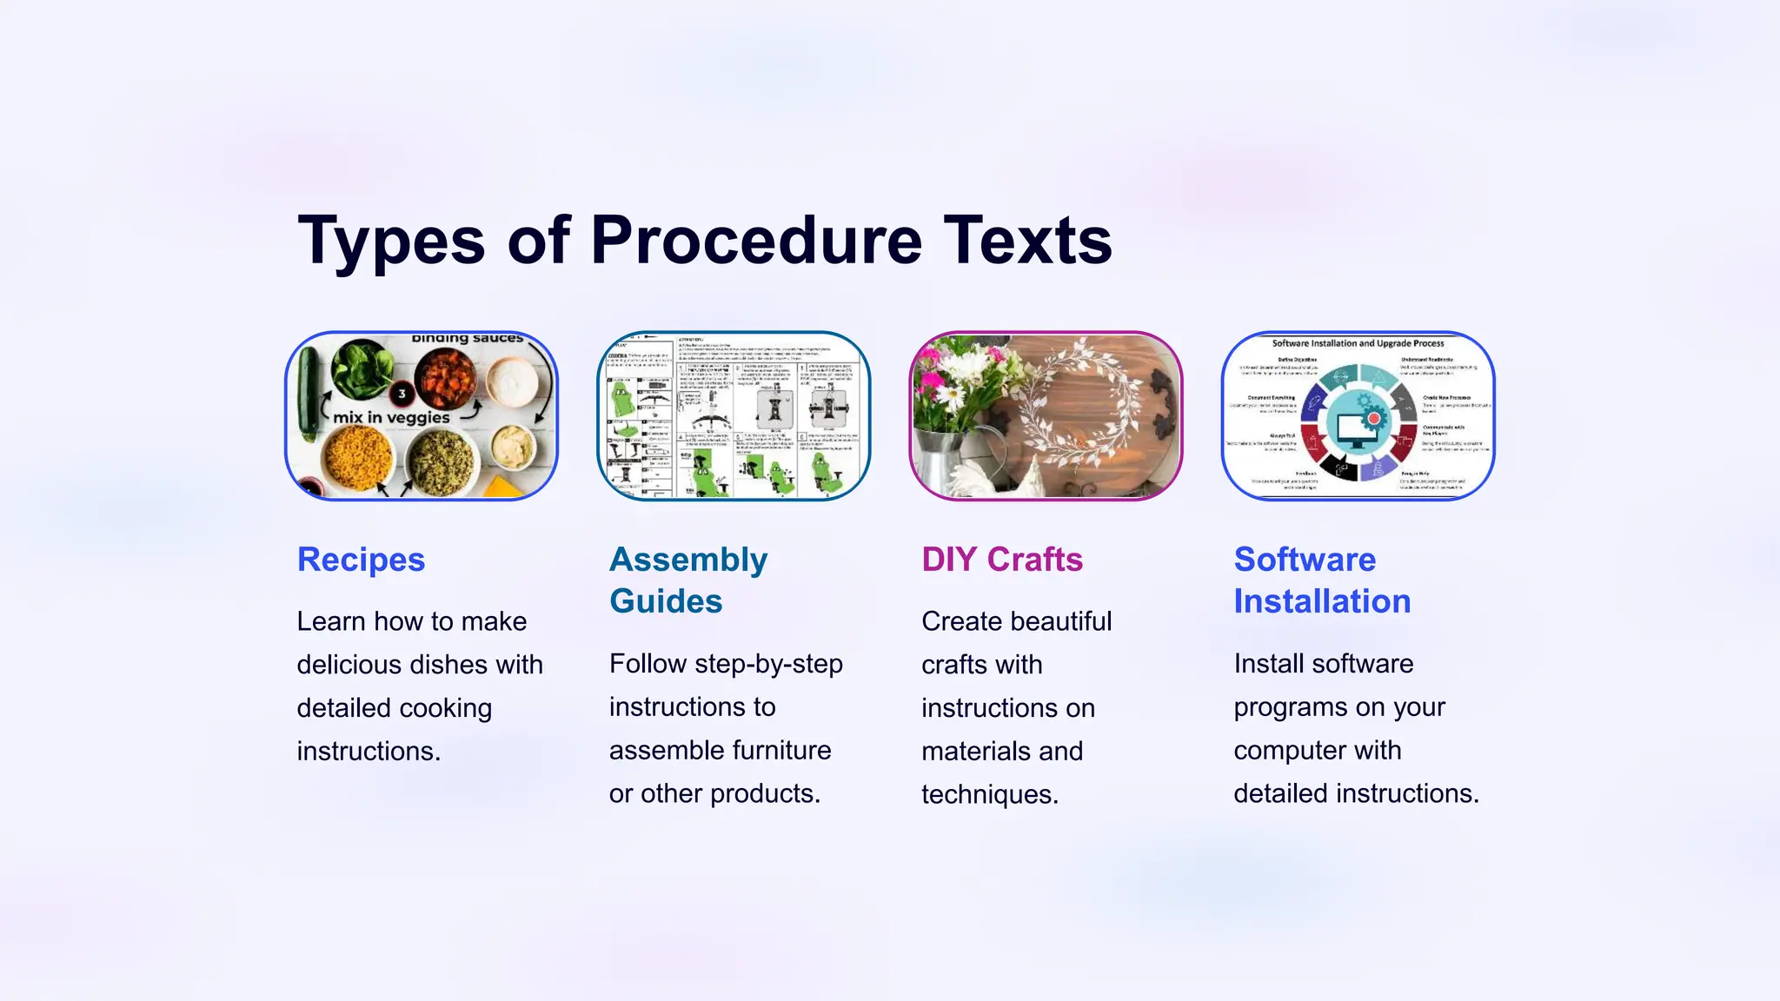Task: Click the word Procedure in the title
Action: pos(756,241)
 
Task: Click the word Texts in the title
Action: pos(1027,241)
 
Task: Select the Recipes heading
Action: pos(361,560)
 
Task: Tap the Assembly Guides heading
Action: pos(688,580)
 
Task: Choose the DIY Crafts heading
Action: pos(1002,560)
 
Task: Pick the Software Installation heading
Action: pos(1322,580)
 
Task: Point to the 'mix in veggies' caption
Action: pos(391,418)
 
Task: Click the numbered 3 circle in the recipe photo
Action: pos(402,394)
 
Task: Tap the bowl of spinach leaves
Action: pos(360,368)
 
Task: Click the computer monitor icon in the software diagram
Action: pos(1356,428)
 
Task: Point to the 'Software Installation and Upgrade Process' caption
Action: pos(1358,343)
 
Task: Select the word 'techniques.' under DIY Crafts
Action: pos(990,794)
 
